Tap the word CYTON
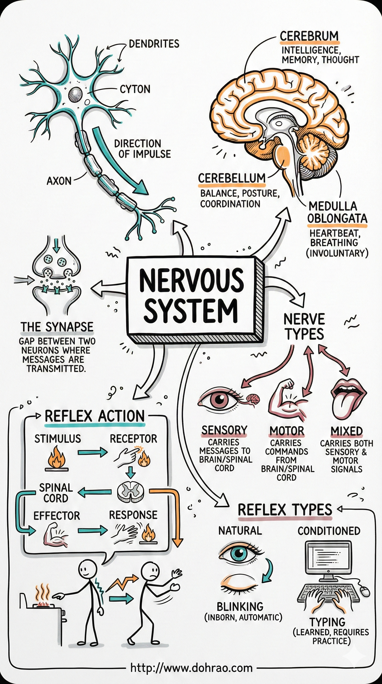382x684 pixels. pos(135,89)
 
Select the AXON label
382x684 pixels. pos(59,181)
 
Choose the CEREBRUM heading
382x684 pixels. pos(309,36)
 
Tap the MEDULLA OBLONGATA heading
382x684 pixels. pos(337,213)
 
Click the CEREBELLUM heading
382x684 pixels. pos(232,178)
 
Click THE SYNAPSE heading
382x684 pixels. pos(57,327)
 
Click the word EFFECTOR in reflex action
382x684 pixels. pos(57,516)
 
